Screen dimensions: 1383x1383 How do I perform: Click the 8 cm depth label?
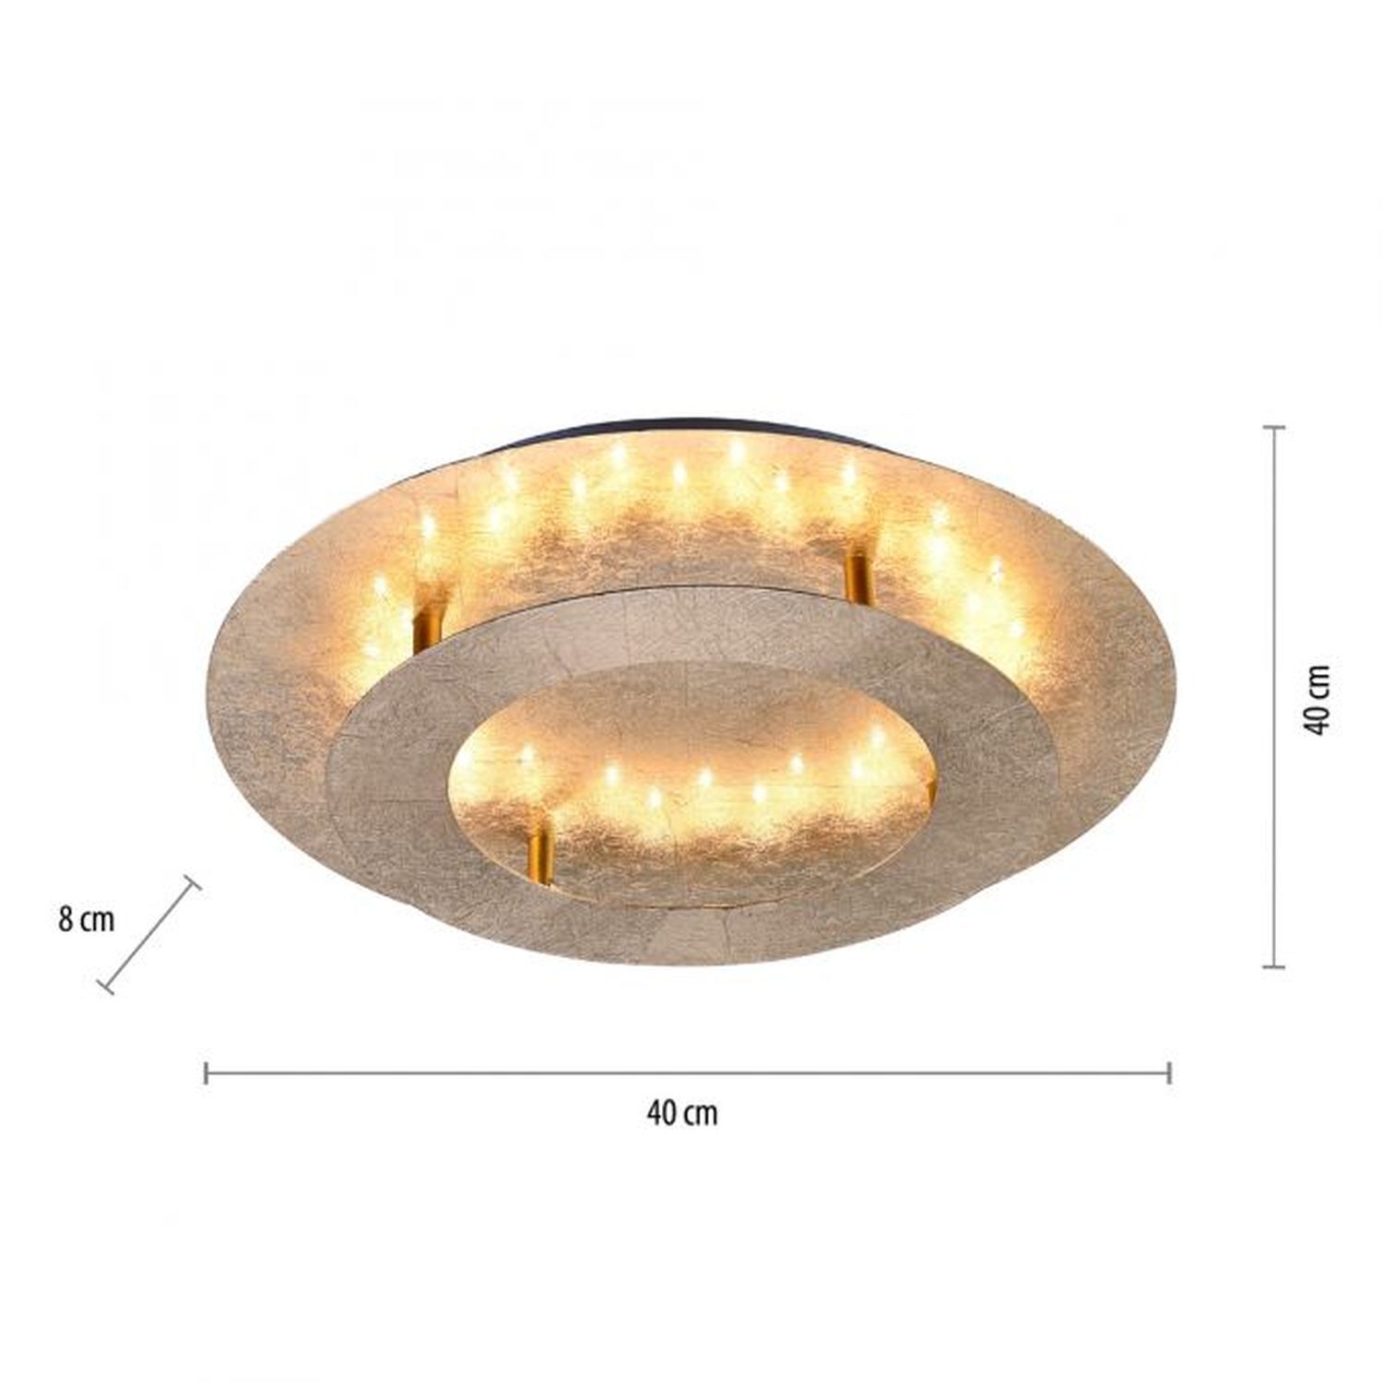[87, 919]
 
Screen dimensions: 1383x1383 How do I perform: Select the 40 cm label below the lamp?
[682, 1114]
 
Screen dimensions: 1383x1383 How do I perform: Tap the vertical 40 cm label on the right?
[1318, 698]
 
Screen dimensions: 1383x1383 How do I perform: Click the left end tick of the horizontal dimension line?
[206, 1072]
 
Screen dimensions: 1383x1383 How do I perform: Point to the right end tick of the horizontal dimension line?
[1169, 1072]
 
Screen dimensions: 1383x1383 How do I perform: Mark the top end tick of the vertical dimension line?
[1274, 428]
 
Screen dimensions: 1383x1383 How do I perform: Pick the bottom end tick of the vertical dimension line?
[1274, 966]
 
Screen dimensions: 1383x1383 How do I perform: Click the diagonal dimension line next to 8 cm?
[149, 934]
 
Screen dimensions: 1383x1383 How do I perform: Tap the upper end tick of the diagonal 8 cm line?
[192, 884]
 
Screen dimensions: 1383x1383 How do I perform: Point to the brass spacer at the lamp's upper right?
[857, 576]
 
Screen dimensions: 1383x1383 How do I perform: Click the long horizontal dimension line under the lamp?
[687, 1072]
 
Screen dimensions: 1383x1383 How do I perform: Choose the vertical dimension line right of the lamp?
[1274, 697]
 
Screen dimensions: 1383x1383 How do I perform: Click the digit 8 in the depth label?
[65, 919]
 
